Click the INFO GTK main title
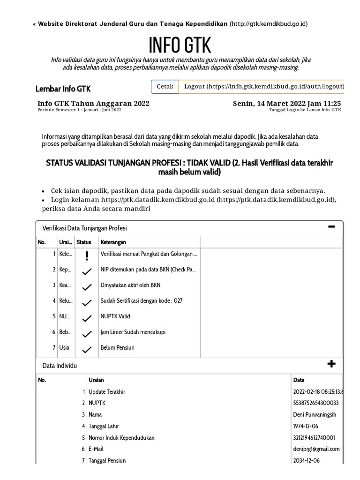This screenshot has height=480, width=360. click(180, 45)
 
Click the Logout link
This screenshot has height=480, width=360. click(264, 86)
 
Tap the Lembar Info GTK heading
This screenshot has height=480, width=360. click(63, 89)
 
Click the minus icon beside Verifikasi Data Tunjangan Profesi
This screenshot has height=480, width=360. click(332, 227)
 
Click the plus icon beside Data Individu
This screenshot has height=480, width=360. click(332, 364)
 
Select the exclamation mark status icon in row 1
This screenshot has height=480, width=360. click(87, 255)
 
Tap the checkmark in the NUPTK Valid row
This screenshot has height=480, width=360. click(87, 318)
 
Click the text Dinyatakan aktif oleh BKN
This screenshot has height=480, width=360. click(131, 285)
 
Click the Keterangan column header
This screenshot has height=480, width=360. click(113, 242)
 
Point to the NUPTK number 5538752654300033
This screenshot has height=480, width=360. click(315, 403)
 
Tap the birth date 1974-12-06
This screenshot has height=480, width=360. click(306, 426)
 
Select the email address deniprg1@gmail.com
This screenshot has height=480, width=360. click(316, 449)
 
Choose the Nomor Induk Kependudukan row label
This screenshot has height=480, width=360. click(121, 438)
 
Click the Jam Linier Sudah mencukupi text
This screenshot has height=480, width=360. click(133, 332)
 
